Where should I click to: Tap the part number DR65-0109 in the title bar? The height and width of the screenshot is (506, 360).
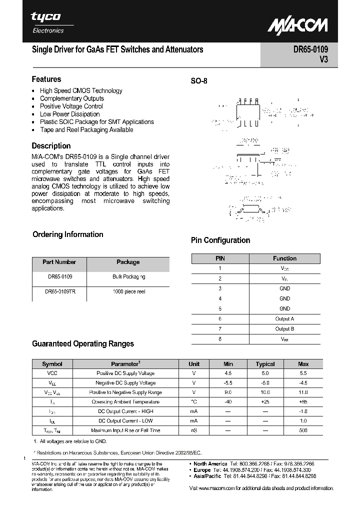pos(306,50)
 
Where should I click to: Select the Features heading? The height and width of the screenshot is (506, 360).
pos(46,79)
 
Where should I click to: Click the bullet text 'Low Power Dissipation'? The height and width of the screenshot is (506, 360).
pos(70,114)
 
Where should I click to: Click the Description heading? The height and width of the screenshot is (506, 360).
pos(51,146)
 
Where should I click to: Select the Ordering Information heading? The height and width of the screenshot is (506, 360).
pos(67,234)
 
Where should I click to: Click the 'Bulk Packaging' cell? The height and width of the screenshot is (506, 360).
pos(128,276)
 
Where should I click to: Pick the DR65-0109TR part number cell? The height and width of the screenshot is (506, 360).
pos(59,291)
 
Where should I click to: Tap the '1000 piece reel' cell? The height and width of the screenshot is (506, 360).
pos(128,291)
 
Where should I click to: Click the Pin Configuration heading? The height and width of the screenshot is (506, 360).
pos(220,240)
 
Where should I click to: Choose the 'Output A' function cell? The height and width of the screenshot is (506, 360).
pos(284,318)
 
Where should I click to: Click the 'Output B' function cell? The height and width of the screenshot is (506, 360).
pos(284,328)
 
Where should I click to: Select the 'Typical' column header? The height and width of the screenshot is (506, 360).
pos(265,364)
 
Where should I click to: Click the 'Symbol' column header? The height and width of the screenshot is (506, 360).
pos(52,364)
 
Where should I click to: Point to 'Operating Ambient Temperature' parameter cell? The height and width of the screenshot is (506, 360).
pos(125,401)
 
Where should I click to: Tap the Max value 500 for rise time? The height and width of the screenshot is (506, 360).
pos(303,430)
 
